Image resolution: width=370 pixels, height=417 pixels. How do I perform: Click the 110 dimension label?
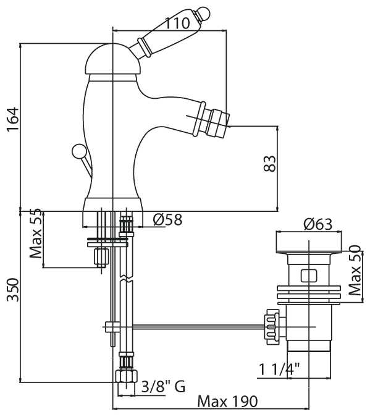click(x=177, y=23)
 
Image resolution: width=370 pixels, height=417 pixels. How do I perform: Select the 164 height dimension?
click(x=13, y=119)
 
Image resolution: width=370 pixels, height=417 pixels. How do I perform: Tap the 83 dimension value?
click(x=269, y=164)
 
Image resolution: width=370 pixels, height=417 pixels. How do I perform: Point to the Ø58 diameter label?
click(x=167, y=220)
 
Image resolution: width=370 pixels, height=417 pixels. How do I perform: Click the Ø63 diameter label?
click(x=318, y=224)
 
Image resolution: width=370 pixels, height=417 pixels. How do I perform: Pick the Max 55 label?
click(x=36, y=234)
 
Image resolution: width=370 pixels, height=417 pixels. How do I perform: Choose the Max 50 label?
click(x=355, y=270)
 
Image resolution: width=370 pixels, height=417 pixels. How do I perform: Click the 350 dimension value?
click(x=13, y=290)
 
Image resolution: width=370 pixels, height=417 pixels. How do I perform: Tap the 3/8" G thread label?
click(x=163, y=386)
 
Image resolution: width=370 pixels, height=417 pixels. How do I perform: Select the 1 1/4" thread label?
click(x=279, y=369)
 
